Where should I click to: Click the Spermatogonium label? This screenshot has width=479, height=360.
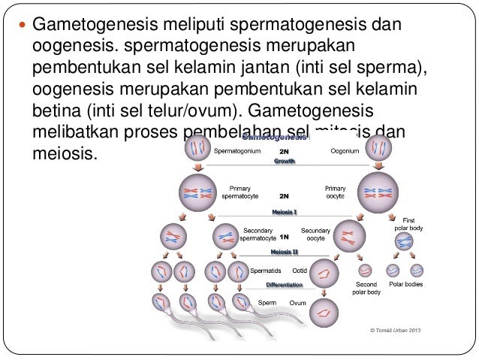tap(237, 151)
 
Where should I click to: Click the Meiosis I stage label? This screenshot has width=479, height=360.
tap(284, 213)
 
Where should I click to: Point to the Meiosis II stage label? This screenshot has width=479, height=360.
tap(285, 252)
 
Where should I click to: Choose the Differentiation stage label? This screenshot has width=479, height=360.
tap(285, 285)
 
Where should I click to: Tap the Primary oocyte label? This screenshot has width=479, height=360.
tap(335, 192)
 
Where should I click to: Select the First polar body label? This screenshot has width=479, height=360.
tap(414, 223)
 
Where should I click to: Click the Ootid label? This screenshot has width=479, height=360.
tap(299, 269)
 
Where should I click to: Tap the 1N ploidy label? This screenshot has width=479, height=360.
tap(284, 235)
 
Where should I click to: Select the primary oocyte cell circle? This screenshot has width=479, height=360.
tap(378, 193)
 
